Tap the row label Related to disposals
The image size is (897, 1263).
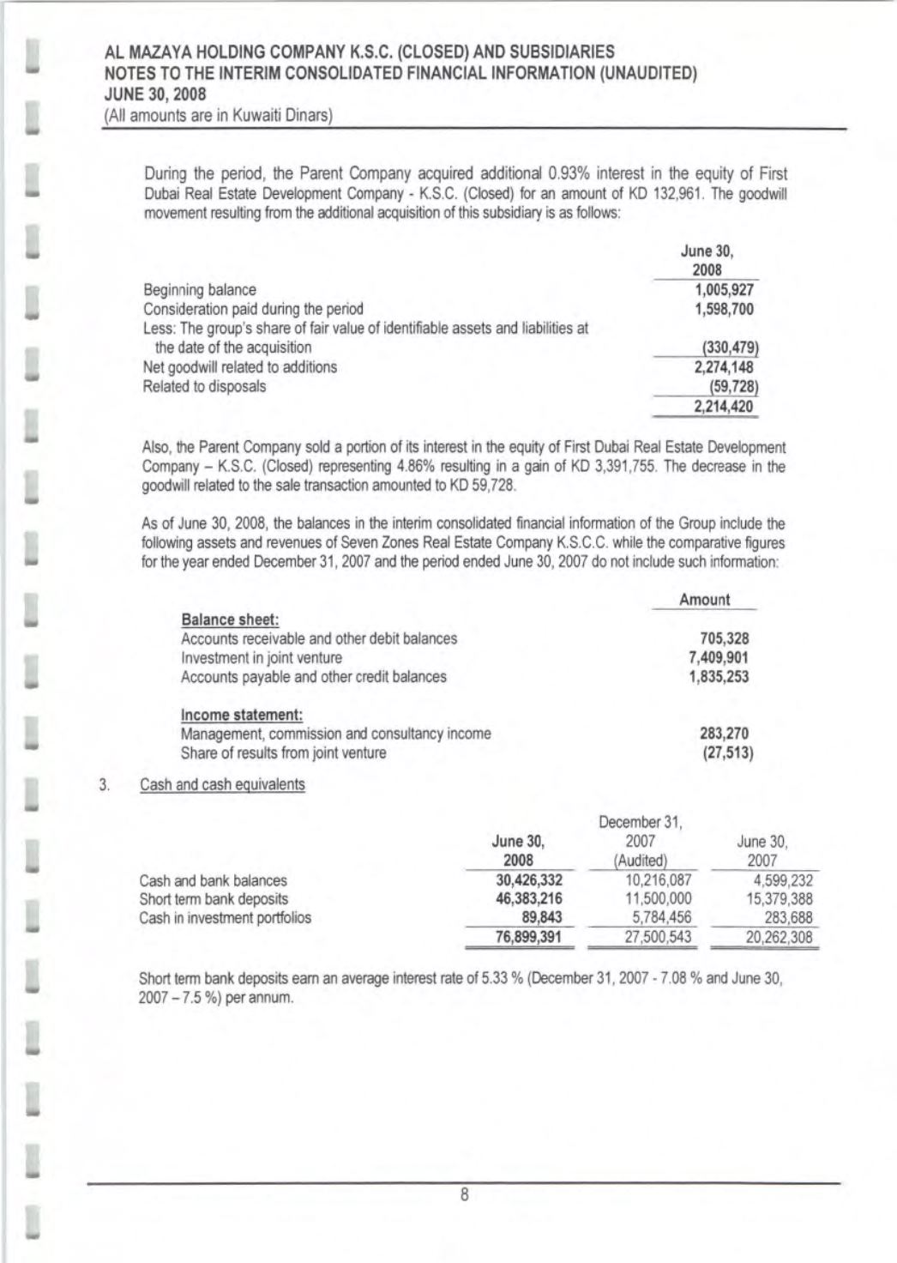tap(204, 386)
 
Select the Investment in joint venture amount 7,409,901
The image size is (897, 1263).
tap(719, 657)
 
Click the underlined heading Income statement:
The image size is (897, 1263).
tap(243, 715)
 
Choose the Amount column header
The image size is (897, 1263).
tap(704, 600)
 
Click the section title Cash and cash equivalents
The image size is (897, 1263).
tap(222, 784)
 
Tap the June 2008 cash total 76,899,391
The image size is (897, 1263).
tap(529, 937)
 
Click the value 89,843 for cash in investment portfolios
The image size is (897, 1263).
tap(541, 918)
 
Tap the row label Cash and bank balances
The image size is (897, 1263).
tap(214, 880)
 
